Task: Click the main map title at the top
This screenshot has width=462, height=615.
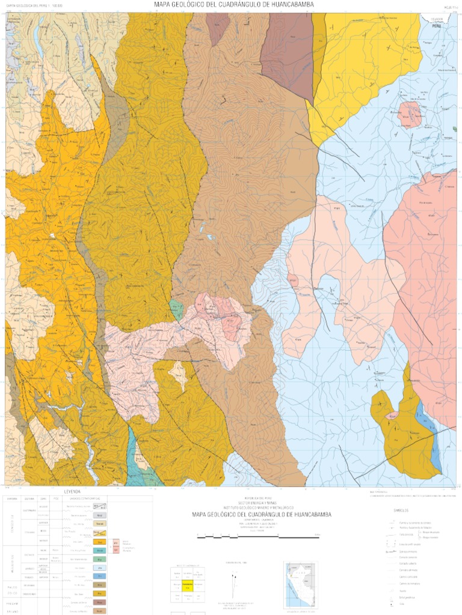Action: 233,5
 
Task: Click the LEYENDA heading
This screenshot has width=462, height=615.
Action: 72,491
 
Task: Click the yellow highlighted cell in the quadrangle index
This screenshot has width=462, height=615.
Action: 186,584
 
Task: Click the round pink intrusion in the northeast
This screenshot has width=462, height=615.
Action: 410,114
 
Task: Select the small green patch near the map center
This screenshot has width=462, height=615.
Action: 176,307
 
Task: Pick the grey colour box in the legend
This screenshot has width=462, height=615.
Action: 102,515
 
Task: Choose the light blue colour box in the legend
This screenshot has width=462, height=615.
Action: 102,567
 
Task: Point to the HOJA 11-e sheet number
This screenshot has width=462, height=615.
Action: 449,7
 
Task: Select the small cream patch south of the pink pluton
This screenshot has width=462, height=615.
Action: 178,374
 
